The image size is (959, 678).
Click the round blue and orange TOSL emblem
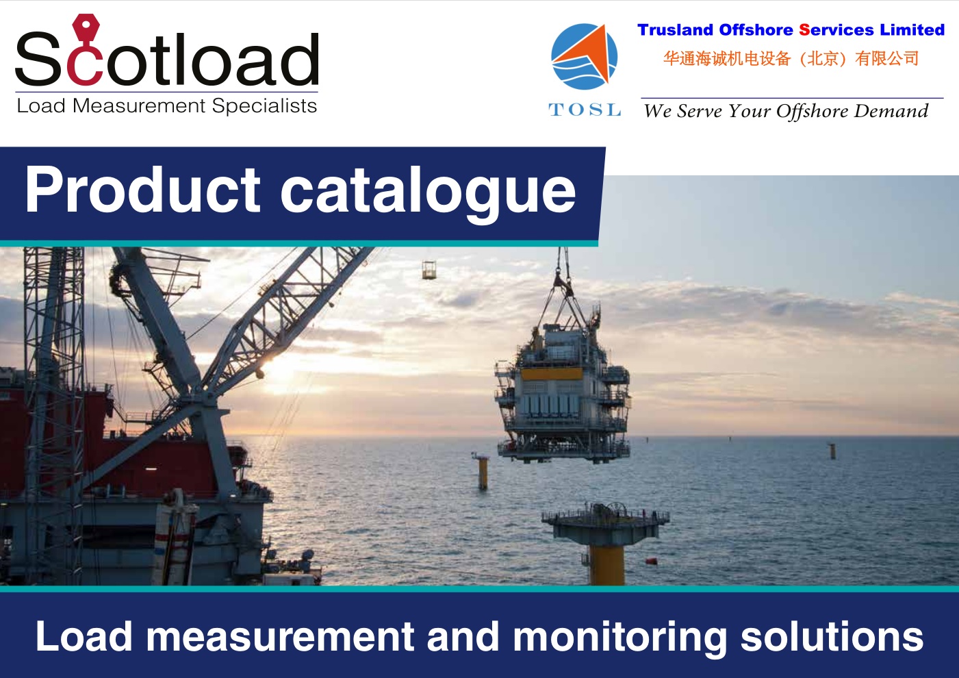click(585, 56)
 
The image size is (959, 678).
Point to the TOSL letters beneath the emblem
click(585, 110)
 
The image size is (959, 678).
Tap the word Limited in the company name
click(912, 29)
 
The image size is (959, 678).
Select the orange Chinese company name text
click(791, 58)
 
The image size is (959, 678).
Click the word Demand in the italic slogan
click(891, 111)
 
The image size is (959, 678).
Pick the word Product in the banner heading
click(142, 189)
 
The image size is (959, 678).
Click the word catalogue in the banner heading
click(428, 194)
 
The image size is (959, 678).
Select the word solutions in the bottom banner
click(832, 636)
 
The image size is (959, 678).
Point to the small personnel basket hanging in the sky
click(429, 270)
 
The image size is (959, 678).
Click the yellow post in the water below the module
click(483, 473)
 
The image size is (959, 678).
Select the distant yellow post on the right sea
click(832, 452)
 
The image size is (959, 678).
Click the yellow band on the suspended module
click(552, 373)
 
